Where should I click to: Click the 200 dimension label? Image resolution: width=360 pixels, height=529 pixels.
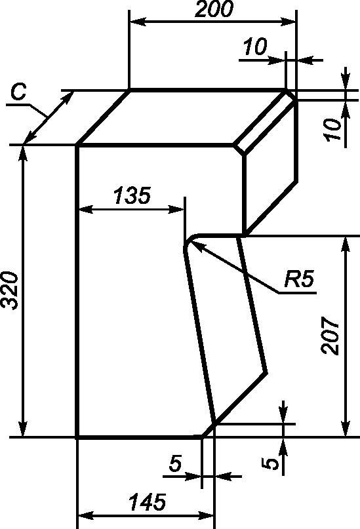[214, 9]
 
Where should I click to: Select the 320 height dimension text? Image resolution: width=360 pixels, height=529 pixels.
[9, 290]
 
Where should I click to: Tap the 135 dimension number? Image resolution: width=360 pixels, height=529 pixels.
[132, 196]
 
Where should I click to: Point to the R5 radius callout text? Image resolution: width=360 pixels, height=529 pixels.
[299, 279]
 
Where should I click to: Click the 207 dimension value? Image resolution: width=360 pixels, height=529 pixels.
[330, 335]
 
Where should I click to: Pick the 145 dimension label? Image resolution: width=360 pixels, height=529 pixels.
[148, 502]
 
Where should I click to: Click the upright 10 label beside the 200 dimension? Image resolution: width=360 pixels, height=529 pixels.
[255, 47]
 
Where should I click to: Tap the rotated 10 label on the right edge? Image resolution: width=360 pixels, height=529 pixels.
[332, 129]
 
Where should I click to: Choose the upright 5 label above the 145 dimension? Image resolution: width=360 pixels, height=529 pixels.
[176, 463]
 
